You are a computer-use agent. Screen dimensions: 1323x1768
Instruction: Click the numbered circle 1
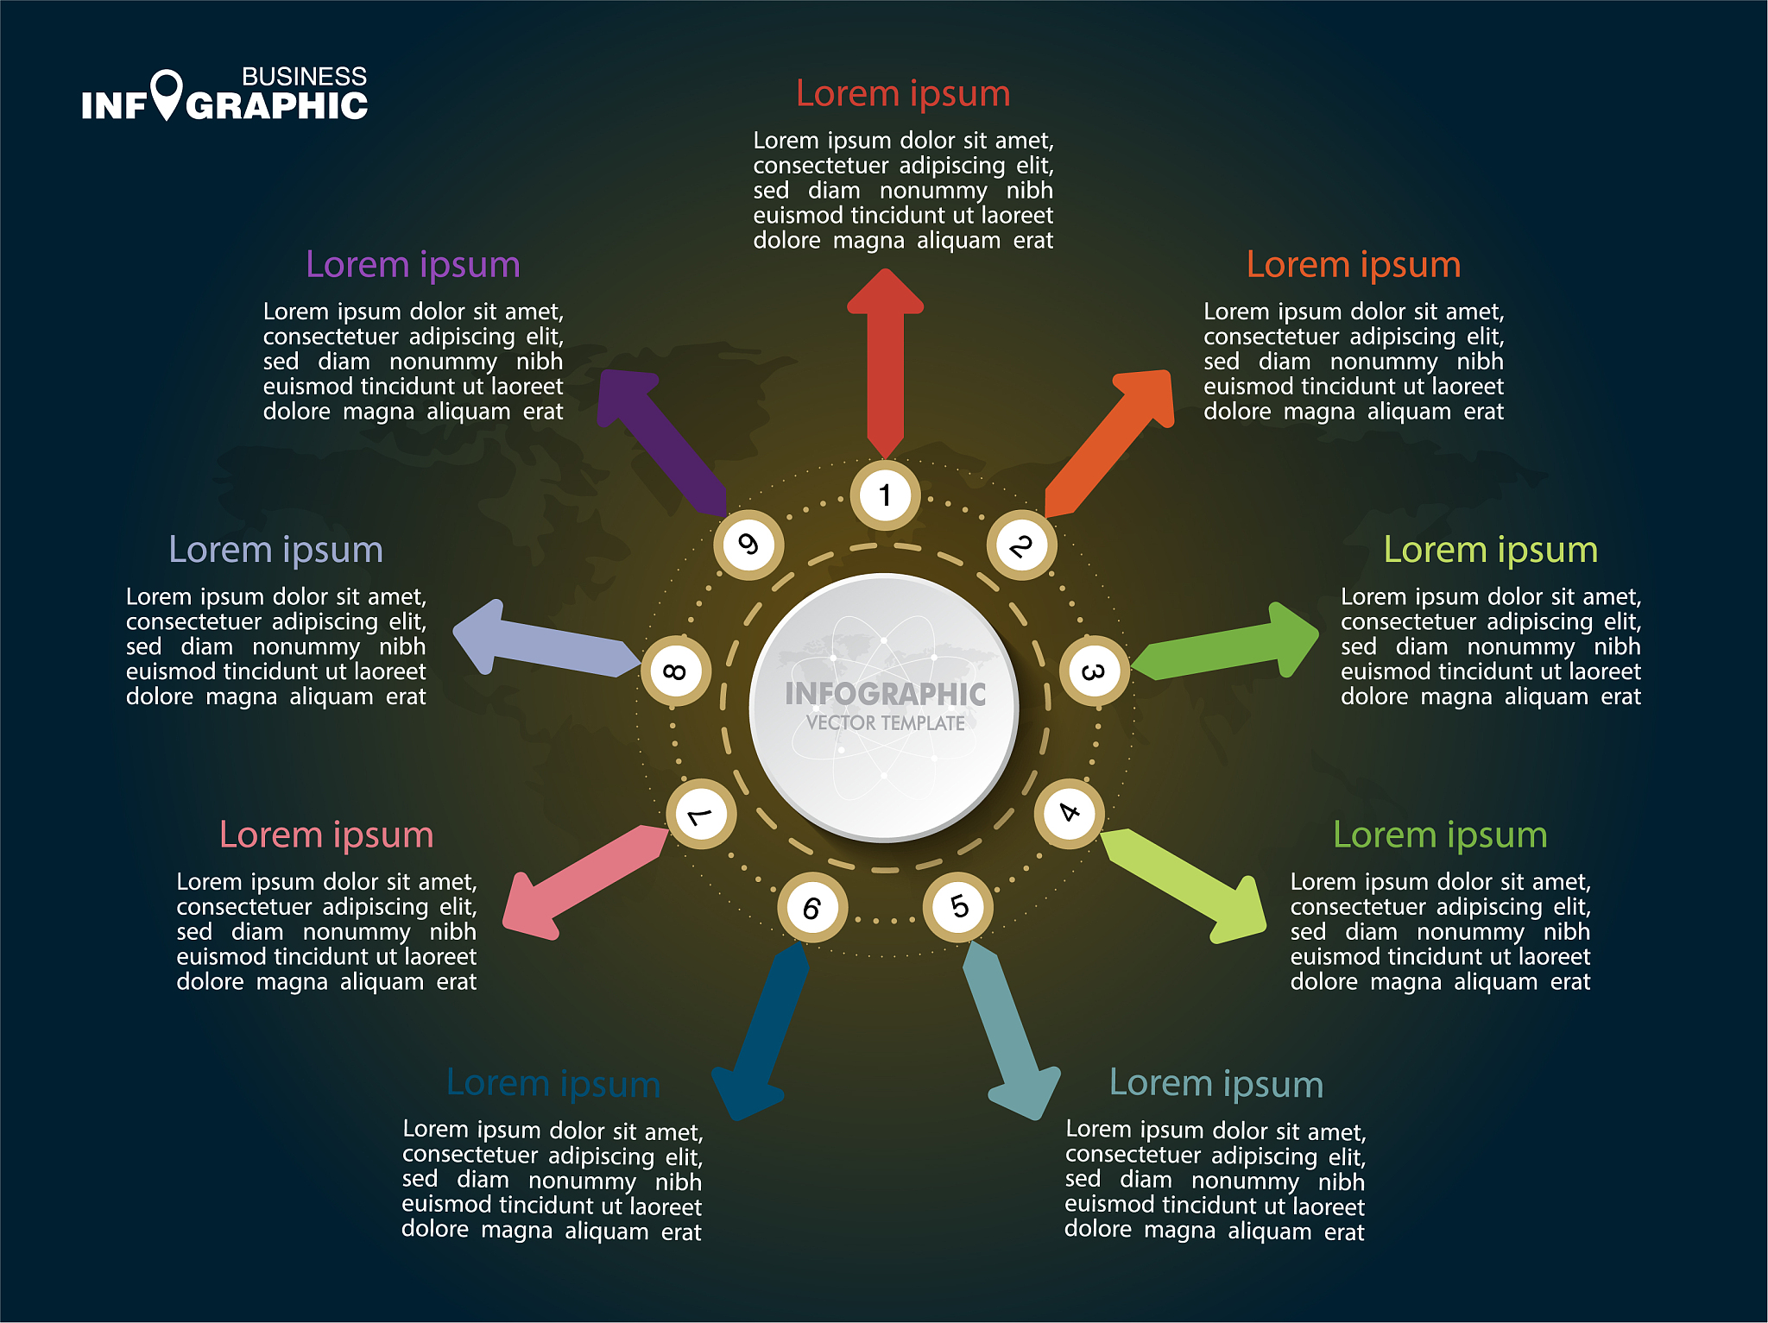click(885, 495)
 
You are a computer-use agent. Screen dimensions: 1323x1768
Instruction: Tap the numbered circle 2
click(1021, 545)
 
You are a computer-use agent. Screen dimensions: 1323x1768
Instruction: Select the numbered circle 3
click(1093, 671)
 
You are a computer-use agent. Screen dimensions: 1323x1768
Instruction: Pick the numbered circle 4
click(1069, 813)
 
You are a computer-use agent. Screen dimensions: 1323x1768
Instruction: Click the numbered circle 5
click(958, 906)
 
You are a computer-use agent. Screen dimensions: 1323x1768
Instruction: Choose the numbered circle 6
click(811, 908)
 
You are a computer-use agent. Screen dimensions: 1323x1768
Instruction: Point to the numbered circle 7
click(701, 814)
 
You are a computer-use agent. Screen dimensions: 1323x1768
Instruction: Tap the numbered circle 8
click(676, 671)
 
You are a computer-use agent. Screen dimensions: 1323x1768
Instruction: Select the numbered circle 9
click(748, 545)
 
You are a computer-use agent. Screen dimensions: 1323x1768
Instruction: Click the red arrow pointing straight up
click(886, 362)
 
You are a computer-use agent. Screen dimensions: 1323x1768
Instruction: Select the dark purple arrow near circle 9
click(660, 437)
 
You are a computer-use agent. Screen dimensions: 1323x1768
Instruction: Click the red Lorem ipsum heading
click(903, 93)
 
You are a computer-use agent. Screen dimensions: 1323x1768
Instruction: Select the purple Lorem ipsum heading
click(413, 264)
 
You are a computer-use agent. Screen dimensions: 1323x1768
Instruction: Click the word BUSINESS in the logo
click(304, 77)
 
